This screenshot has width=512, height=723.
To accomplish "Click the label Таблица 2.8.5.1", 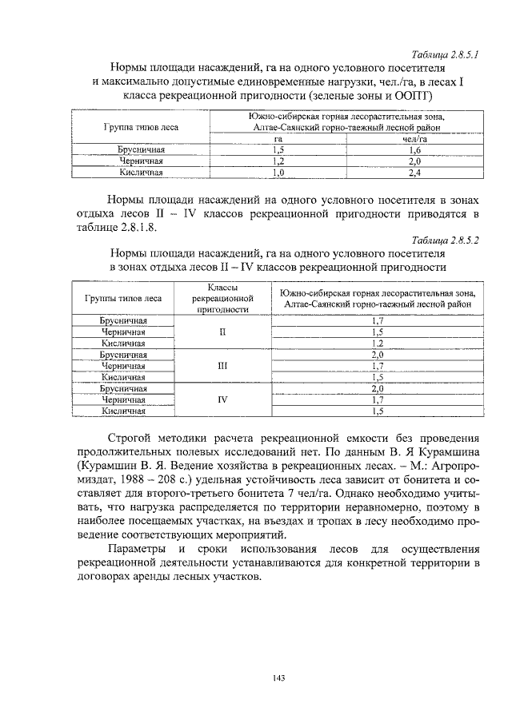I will pyautogui.click(x=444, y=55).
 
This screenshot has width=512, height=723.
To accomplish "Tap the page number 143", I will pyautogui.click(x=278, y=678).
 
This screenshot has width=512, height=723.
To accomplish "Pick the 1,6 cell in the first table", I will pyautogui.click(x=414, y=149).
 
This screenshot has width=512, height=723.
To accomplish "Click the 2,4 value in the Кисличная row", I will pyautogui.click(x=414, y=172).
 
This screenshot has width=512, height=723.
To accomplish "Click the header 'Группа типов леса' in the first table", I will pyautogui.click(x=142, y=127).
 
